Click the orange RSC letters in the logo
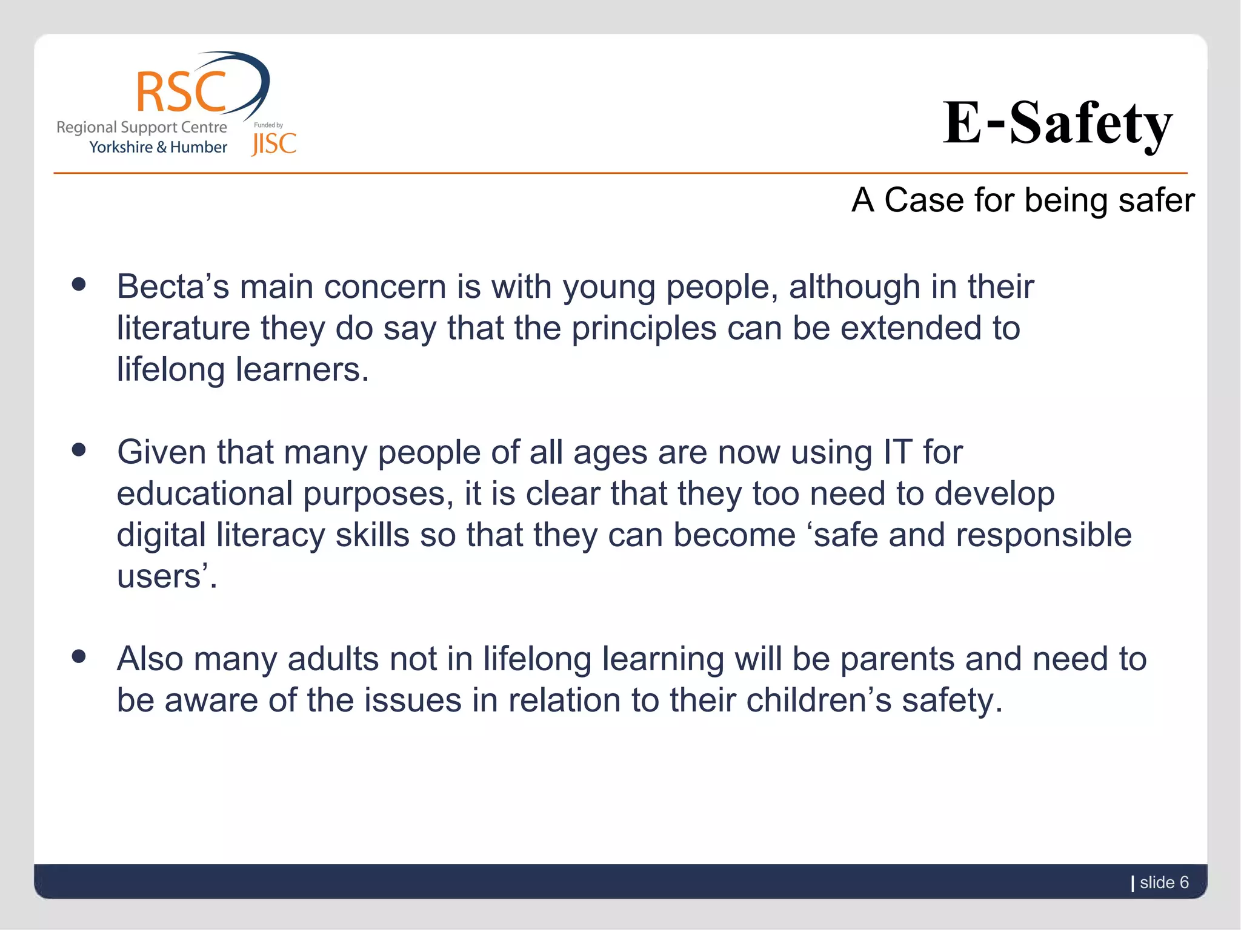[181, 92]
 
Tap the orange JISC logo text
[274, 144]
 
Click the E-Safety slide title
[1057, 124]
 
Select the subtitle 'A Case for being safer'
[1023, 200]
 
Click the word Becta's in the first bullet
[173, 286]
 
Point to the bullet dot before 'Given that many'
[78, 450]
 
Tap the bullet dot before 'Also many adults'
[78, 656]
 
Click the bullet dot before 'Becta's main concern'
[78, 284]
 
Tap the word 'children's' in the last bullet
[819, 701]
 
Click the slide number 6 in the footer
[1183, 882]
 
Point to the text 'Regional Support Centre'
[142, 127]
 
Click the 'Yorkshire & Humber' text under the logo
[158, 147]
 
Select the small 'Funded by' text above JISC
[268, 125]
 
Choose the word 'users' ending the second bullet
[159, 576]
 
